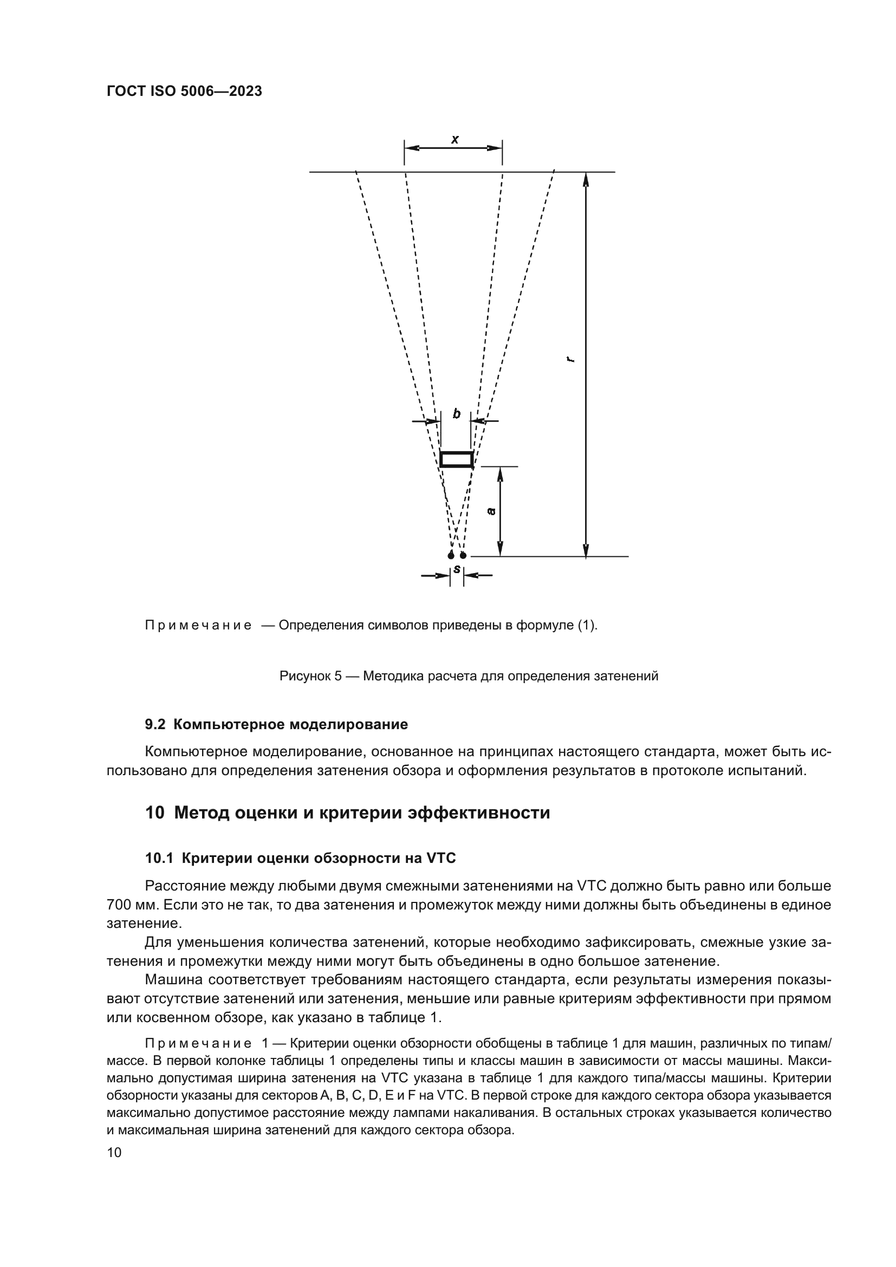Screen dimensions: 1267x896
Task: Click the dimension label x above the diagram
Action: [455, 140]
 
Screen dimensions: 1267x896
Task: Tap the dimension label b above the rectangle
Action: [456, 413]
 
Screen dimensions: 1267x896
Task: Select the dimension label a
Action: [491, 511]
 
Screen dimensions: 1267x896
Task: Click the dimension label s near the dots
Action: [457, 568]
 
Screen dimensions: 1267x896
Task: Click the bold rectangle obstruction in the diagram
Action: [456, 459]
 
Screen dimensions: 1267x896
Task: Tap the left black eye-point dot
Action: [451, 555]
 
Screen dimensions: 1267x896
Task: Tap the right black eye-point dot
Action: [463, 555]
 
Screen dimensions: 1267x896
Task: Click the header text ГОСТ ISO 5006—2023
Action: [184, 92]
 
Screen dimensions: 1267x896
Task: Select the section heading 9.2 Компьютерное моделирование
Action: [276, 725]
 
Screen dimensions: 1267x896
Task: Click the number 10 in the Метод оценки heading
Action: [154, 813]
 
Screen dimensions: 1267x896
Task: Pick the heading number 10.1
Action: [159, 858]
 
